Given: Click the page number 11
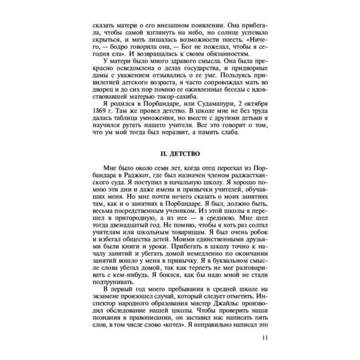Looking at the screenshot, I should tap(265, 337).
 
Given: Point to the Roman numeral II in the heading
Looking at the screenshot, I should tap(164, 154).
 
